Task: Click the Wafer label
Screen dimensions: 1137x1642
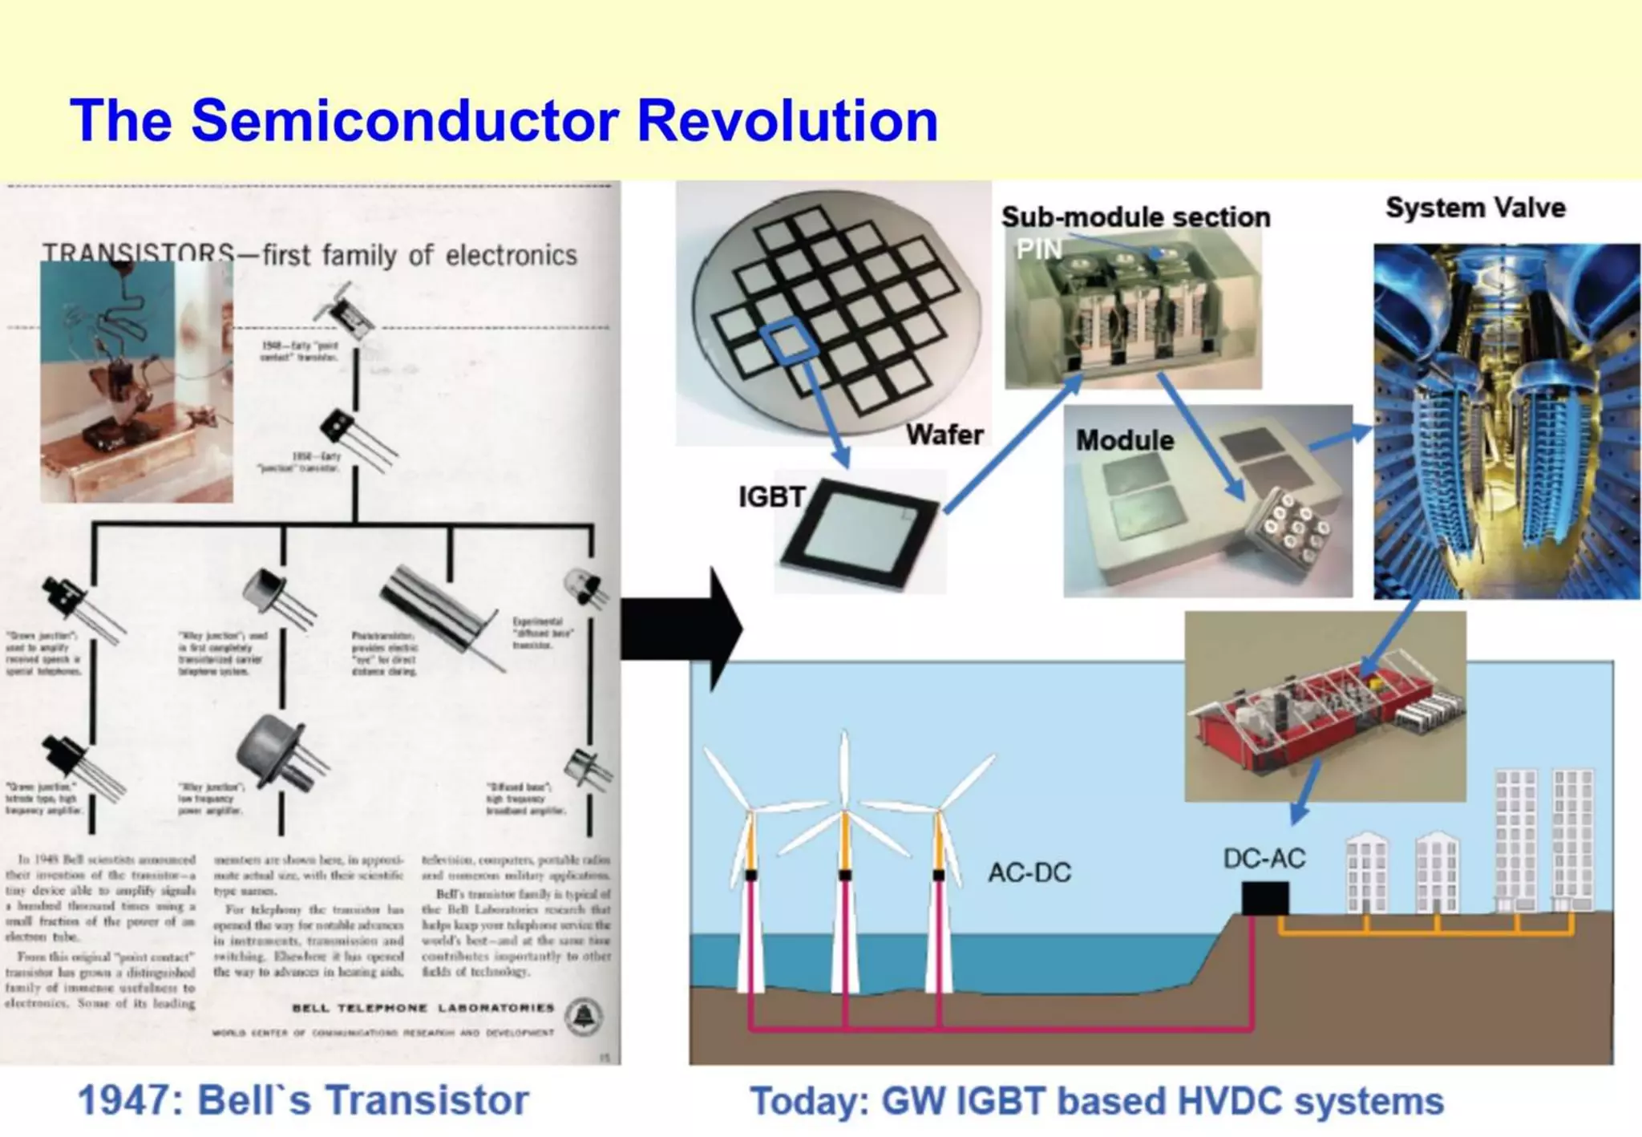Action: (x=944, y=435)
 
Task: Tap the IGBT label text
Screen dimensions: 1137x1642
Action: (x=771, y=497)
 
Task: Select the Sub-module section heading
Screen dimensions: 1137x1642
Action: (x=1135, y=216)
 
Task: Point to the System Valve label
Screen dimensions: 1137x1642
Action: (x=1475, y=208)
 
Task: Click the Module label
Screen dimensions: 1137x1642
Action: (x=1124, y=439)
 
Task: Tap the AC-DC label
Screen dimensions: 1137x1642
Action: (x=1029, y=872)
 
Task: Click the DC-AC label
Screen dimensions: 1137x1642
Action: (x=1264, y=859)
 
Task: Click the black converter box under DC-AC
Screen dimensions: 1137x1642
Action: (x=1265, y=898)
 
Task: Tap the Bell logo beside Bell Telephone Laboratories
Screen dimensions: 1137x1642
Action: (x=584, y=1017)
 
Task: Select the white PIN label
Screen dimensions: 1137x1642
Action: (x=1038, y=250)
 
